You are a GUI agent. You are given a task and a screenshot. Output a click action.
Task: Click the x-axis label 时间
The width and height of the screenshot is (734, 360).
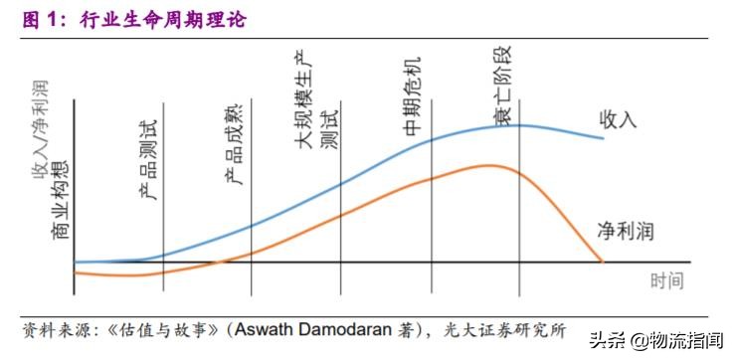[667, 280]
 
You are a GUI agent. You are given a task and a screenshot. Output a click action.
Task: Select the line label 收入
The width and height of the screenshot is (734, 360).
[617, 119]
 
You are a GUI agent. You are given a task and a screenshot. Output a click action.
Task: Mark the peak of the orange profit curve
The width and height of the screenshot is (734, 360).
[492, 164]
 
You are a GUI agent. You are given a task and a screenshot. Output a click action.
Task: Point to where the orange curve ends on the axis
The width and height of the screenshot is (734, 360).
[602, 263]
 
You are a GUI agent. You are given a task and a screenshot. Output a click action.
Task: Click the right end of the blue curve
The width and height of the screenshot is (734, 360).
[603, 137]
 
